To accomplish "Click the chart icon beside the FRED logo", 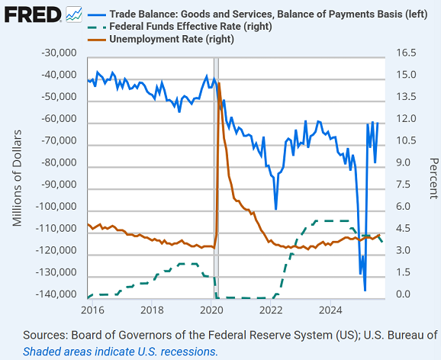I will point(75,14).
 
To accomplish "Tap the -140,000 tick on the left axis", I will point(56,295).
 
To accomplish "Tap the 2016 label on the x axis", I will point(92,310).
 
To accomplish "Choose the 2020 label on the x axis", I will point(211,310).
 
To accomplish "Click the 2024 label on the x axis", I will point(330,310).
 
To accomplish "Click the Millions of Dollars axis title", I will point(18,175).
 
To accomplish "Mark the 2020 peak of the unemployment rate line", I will point(219,83).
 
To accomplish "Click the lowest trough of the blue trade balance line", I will point(365,290).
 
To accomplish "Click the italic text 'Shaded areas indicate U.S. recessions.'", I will point(121,352).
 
